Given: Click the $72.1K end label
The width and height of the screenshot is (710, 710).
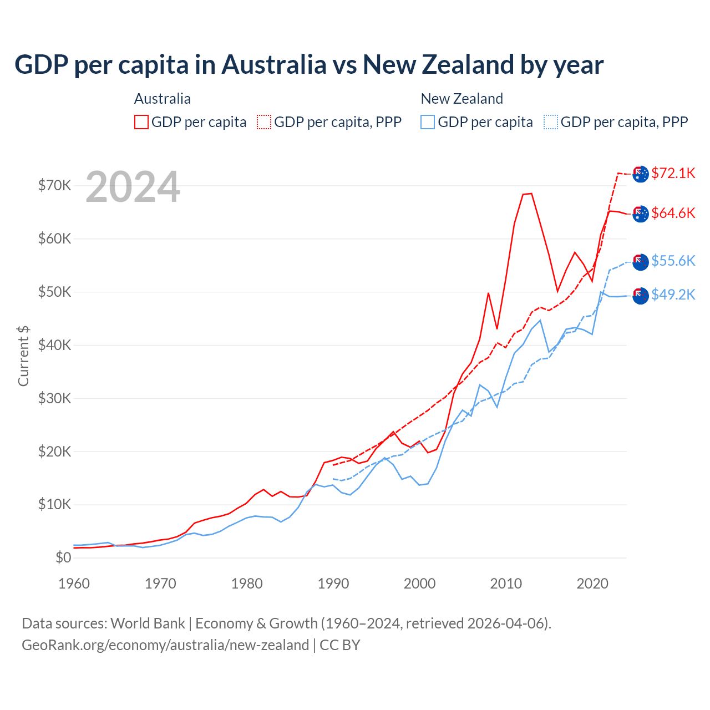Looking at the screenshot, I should [x=673, y=173].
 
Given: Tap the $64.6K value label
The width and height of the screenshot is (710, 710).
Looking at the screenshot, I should [x=673, y=213].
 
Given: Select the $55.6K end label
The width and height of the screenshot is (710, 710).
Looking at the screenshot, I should [x=673, y=261].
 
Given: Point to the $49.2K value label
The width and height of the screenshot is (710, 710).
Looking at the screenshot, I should [x=673, y=295].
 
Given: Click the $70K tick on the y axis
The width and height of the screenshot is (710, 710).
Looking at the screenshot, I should [x=54, y=185].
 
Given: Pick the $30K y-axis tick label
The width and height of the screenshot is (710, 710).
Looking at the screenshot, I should [x=54, y=398].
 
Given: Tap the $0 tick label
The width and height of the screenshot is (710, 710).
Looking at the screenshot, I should [x=63, y=557].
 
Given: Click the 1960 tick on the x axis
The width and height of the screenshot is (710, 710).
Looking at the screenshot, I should [x=74, y=584].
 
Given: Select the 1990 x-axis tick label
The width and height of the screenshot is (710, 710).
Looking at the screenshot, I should [x=333, y=584].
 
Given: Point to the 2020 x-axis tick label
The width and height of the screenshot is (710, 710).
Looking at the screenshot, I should [x=592, y=584].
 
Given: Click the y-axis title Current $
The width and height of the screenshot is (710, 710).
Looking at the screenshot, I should [x=23, y=356].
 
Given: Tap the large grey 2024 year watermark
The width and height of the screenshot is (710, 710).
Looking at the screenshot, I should [x=133, y=187].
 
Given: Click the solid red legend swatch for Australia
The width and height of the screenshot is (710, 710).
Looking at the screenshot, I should [x=141, y=122].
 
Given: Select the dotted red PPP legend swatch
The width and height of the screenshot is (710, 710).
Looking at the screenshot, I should [x=264, y=122].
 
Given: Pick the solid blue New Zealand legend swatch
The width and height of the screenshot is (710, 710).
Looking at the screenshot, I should [x=428, y=122].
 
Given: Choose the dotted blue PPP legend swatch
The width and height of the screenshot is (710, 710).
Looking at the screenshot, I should [x=551, y=122].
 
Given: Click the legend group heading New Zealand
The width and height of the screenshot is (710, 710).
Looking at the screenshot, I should [x=462, y=99].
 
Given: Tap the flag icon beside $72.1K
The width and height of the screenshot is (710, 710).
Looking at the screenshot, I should [x=641, y=174].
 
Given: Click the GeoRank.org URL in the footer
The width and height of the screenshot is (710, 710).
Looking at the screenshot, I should [x=165, y=645].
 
